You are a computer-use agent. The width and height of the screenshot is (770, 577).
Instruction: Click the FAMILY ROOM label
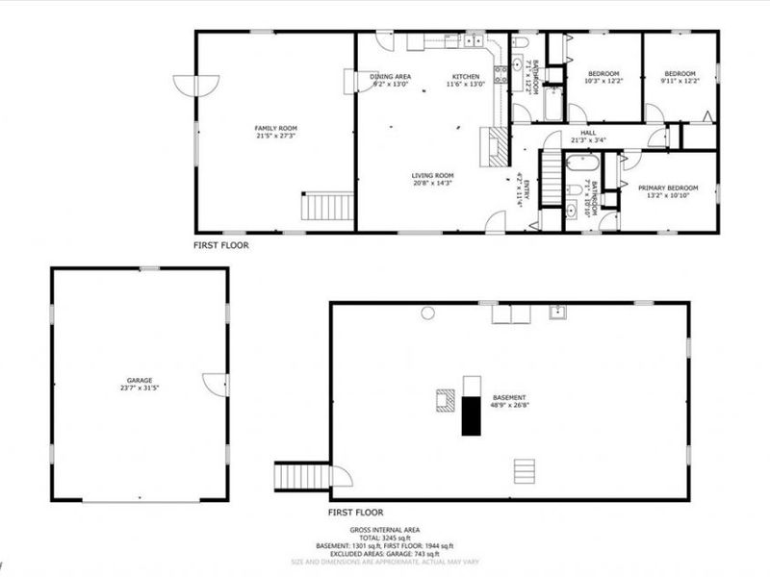click(x=275, y=128)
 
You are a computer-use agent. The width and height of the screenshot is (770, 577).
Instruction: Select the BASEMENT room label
click(x=510, y=397)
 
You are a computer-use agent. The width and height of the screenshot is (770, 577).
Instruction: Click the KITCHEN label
click(x=467, y=76)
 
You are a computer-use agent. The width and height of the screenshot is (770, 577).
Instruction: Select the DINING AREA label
click(x=391, y=76)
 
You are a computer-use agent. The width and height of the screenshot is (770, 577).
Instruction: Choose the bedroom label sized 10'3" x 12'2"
click(x=603, y=74)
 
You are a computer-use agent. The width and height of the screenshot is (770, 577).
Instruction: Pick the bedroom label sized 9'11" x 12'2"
click(x=680, y=74)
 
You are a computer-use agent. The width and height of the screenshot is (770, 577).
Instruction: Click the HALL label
click(x=588, y=134)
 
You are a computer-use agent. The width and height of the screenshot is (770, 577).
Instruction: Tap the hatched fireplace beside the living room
click(x=497, y=147)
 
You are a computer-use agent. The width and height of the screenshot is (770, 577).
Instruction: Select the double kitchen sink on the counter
click(x=474, y=40)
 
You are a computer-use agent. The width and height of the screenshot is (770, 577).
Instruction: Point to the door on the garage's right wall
click(x=217, y=383)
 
